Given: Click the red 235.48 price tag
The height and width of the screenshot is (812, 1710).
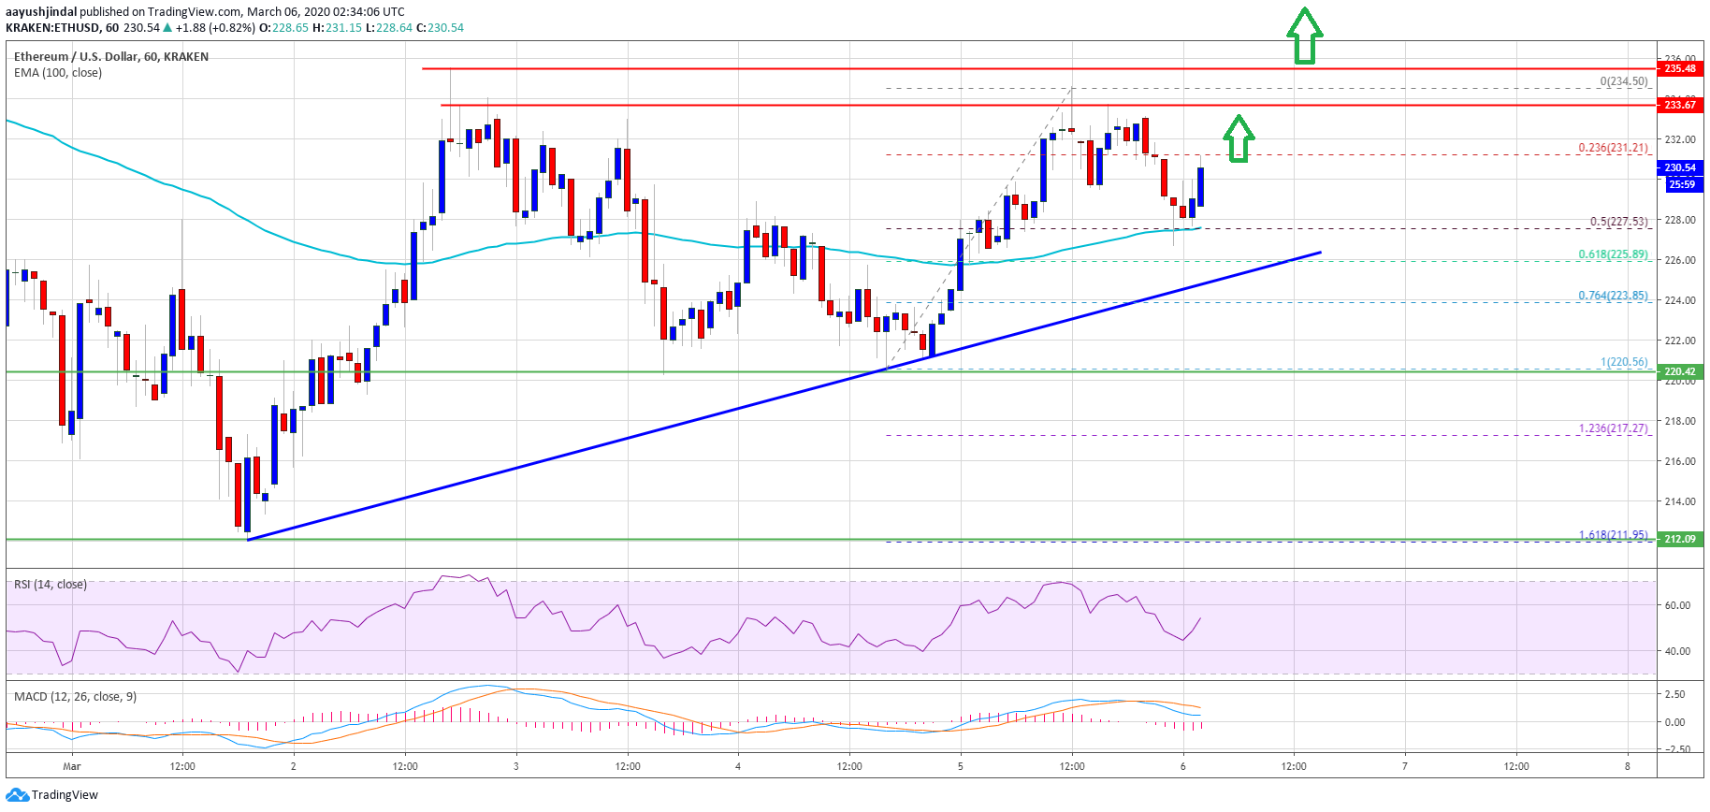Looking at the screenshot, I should [1680, 68].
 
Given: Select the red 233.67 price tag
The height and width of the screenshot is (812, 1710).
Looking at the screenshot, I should [1680, 105].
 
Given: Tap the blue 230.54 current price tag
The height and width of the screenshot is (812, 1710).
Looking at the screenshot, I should [1680, 167].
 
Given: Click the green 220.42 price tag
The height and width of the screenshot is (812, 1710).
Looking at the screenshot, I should [1680, 371].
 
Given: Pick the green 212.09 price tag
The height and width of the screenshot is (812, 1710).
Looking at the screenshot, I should [1680, 539].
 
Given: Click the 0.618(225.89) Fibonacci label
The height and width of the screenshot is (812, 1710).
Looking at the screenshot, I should [1613, 254].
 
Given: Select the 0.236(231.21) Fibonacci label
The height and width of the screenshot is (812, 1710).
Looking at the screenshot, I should [1613, 148].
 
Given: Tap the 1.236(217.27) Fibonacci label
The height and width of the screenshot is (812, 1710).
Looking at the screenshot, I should [1613, 428].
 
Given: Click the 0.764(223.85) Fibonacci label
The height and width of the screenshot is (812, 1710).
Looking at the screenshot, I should [1613, 296].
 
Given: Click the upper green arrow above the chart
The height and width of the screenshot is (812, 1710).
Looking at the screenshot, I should [1304, 36].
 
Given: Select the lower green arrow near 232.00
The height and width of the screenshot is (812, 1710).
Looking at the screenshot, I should [1239, 138].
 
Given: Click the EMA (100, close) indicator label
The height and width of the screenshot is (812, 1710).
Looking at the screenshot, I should [58, 73].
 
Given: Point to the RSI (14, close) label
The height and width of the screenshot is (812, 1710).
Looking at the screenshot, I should [51, 585].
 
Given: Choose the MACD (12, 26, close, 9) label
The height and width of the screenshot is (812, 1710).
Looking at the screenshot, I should [75, 697].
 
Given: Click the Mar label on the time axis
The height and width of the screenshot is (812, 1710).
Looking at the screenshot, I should [72, 766].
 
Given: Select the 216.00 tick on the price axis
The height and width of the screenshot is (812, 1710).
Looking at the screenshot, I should [1679, 461].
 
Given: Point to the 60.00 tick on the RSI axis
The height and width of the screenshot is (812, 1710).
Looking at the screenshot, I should [1677, 605].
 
